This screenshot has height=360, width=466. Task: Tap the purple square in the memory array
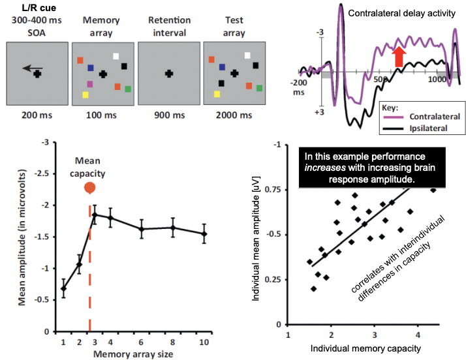pyautogui.click(x=89, y=85)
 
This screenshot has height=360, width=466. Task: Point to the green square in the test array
pyautogui.click(x=260, y=87)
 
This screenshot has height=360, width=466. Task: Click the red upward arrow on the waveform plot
pyautogui.click(x=399, y=56)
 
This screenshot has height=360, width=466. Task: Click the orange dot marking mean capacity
pyautogui.click(x=90, y=188)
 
